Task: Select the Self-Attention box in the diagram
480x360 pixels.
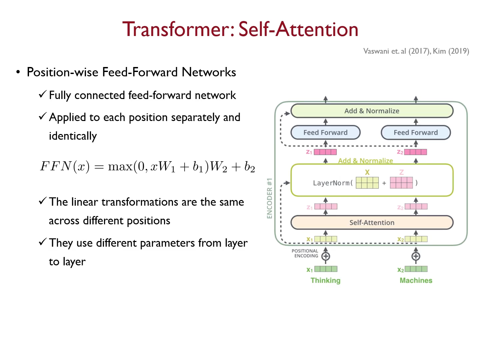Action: (x=372, y=223)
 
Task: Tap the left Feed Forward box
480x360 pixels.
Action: (x=325, y=133)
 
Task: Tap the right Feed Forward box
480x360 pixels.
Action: (x=416, y=133)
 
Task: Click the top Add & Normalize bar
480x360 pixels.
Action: (x=372, y=111)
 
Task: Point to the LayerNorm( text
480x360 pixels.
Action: (x=333, y=183)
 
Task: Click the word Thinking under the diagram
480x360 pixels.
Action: (x=325, y=280)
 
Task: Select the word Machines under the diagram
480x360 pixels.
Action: (x=416, y=280)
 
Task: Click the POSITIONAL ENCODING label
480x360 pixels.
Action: (x=305, y=253)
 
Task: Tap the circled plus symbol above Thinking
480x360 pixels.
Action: (x=326, y=256)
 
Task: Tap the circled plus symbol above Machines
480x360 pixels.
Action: (x=416, y=256)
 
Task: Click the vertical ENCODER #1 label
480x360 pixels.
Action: (x=270, y=198)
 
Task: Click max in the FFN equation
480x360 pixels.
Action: (x=120, y=166)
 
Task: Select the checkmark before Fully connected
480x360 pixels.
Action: (x=42, y=94)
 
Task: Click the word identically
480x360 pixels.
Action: (x=73, y=136)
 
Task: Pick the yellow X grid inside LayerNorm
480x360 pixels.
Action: (x=367, y=183)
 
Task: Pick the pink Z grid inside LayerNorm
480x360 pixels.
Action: (x=401, y=183)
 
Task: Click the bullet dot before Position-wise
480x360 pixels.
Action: (x=18, y=72)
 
